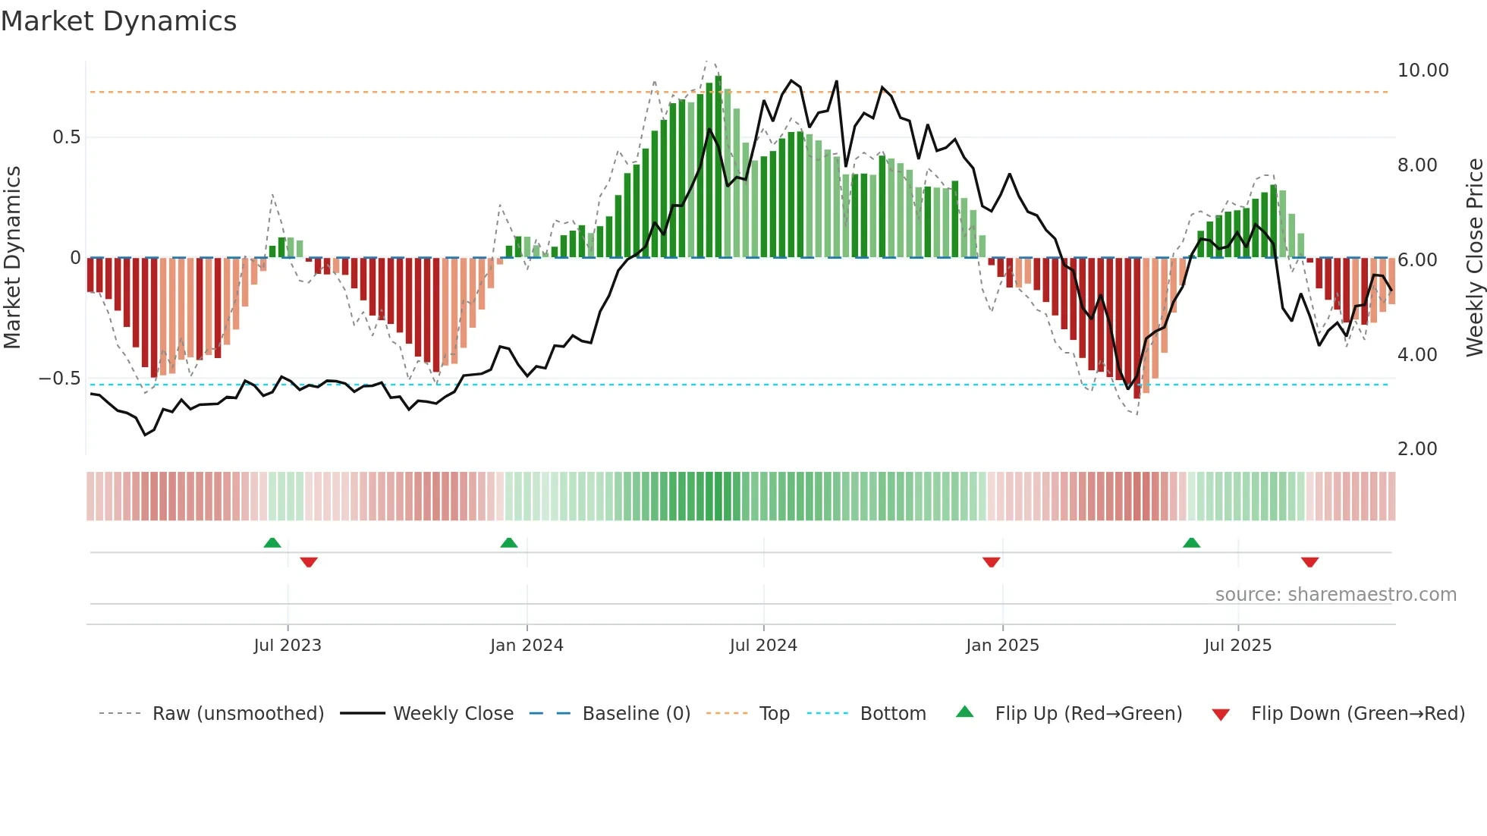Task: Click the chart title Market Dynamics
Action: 118,21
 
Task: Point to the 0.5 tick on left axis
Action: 66,137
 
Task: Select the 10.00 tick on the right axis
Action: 1423,71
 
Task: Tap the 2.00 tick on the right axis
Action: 1416,449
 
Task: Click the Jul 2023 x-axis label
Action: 288,646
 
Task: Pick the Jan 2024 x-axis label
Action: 527,646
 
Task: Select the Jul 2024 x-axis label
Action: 763,646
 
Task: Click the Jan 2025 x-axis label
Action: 1002,646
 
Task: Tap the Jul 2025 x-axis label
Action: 1237,646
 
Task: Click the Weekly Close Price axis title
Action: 1474,258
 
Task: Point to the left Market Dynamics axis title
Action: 12,258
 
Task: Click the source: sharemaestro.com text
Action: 1335,595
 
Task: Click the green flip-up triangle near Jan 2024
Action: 509,543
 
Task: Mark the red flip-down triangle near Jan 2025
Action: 991,562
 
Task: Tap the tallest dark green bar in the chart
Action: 718,167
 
